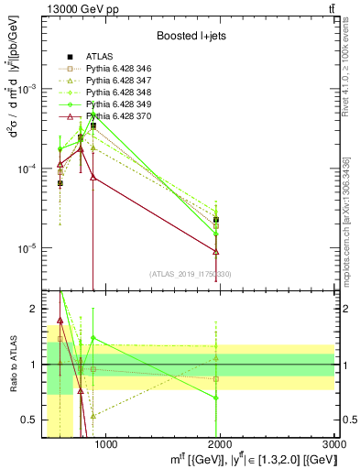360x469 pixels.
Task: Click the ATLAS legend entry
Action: coord(99,56)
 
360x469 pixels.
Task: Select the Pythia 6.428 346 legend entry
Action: coord(115,69)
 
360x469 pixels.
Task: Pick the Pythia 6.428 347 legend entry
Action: coord(115,81)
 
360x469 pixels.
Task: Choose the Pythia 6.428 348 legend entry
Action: coord(115,93)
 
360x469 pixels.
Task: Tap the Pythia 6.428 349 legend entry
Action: coord(115,104)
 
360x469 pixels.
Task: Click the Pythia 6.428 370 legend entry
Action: coord(115,116)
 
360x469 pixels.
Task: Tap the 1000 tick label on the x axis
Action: coord(105,444)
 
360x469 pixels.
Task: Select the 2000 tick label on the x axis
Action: coord(220,444)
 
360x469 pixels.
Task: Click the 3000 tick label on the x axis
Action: coord(333,444)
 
